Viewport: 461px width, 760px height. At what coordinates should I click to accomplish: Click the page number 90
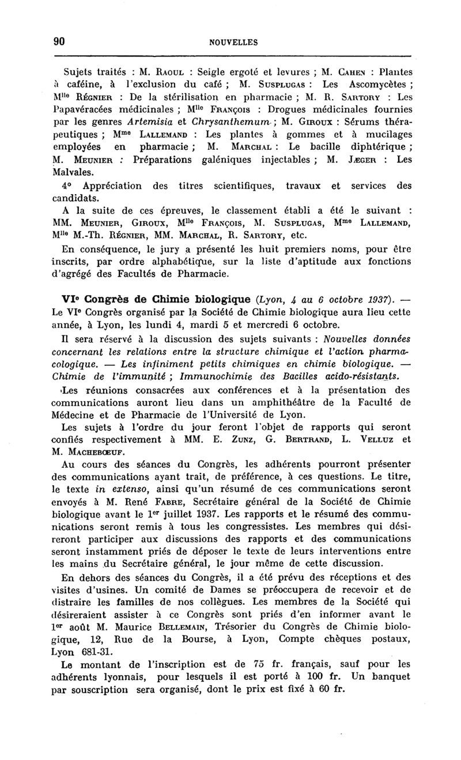(x=58, y=41)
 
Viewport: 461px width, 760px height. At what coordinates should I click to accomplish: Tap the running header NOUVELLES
(x=233, y=42)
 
